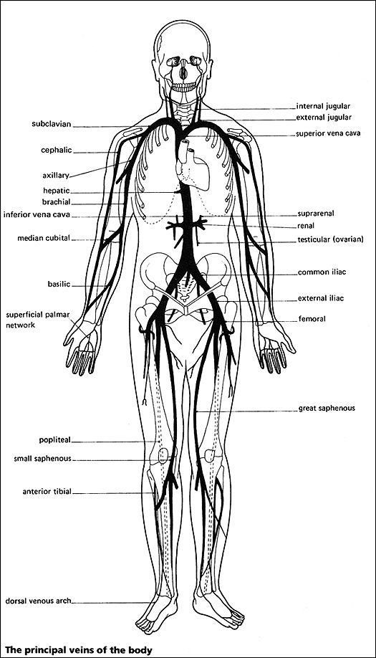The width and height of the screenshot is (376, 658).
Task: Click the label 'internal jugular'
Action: tap(323, 107)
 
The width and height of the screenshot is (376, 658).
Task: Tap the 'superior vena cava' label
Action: tap(328, 134)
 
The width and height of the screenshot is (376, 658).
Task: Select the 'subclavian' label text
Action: tap(52, 124)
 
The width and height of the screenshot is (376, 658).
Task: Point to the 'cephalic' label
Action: tap(56, 151)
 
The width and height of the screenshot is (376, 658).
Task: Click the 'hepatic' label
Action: tap(56, 191)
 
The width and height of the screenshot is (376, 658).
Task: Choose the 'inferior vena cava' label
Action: tap(37, 215)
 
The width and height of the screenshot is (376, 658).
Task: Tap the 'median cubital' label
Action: tap(44, 239)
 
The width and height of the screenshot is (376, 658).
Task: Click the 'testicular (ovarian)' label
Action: tap(330, 239)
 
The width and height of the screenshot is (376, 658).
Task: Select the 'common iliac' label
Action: tap(322, 272)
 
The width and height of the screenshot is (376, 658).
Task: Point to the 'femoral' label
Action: tap(312, 319)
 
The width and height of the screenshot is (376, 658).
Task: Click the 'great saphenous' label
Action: tap(327, 409)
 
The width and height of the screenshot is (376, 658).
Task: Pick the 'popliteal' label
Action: tap(55, 440)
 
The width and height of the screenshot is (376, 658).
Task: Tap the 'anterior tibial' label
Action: tap(47, 492)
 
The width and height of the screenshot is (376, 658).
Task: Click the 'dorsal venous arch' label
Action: tap(38, 601)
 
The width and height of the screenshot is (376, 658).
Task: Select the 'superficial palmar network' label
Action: tap(37, 320)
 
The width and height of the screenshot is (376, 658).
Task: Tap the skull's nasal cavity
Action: tap(183, 73)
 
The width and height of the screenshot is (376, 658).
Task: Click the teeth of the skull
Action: tap(184, 87)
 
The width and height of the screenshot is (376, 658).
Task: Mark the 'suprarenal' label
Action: tap(316, 214)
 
